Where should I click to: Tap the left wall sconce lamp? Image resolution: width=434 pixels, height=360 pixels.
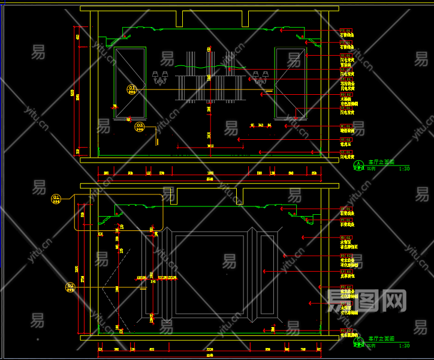click(x=160, y=77)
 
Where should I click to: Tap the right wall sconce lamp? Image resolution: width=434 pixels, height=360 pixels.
click(x=260, y=77)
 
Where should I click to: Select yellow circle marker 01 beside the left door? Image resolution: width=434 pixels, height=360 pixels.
click(x=132, y=89)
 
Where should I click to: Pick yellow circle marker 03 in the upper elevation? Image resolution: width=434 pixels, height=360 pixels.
click(x=139, y=127)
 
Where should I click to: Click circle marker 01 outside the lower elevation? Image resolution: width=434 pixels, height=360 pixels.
click(x=56, y=198)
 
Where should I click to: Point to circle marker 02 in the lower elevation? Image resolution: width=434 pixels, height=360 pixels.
click(x=70, y=287)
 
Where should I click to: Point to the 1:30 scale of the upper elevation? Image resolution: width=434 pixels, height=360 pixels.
click(x=405, y=169)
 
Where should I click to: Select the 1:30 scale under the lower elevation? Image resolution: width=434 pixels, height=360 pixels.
click(x=405, y=346)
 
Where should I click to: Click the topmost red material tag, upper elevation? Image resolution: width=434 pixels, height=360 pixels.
click(x=346, y=30)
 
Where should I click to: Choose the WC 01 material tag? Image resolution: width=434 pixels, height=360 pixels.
click(x=346, y=126)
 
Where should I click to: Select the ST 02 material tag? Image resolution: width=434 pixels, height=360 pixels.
click(x=346, y=139)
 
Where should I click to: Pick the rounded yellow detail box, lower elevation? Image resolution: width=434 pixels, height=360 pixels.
click(x=119, y=212)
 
